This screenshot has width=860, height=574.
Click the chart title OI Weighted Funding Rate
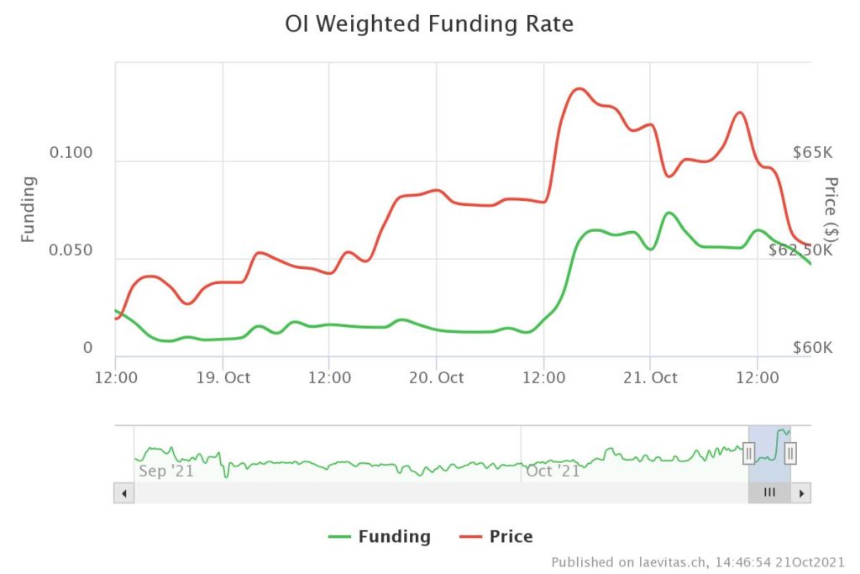(x=429, y=24)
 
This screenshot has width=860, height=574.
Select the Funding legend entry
(x=380, y=536)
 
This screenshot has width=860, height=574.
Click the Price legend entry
(x=496, y=536)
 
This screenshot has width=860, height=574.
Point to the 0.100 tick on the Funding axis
(x=71, y=153)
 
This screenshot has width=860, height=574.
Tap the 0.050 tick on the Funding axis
(x=71, y=251)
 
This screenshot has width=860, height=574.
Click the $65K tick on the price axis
(x=812, y=153)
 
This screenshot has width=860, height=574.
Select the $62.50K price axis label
(x=800, y=250)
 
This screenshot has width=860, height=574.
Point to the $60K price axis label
(x=812, y=348)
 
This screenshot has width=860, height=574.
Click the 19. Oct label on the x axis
(x=223, y=377)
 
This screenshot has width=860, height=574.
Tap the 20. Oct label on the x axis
(x=436, y=377)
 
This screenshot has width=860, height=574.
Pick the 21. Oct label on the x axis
(x=650, y=377)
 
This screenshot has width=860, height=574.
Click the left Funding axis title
(x=29, y=209)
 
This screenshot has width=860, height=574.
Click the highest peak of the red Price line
(x=578, y=88)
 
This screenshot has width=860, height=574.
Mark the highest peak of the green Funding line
(x=668, y=213)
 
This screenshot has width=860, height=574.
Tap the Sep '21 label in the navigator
(x=165, y=471)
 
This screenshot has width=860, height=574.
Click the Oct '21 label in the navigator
(x=553, y=471)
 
